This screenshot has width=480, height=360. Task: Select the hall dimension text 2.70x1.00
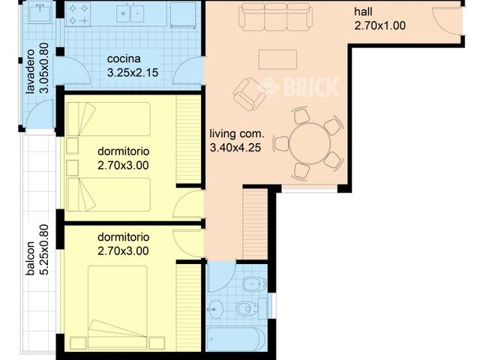click(379, 25)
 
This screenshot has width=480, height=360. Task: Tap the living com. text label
click(237, 134)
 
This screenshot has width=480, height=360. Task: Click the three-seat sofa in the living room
click(275, 16)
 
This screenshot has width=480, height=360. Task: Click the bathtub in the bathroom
click(234, 339)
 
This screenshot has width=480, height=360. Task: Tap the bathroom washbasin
click(216, 307)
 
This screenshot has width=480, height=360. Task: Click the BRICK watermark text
click(309, 88)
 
